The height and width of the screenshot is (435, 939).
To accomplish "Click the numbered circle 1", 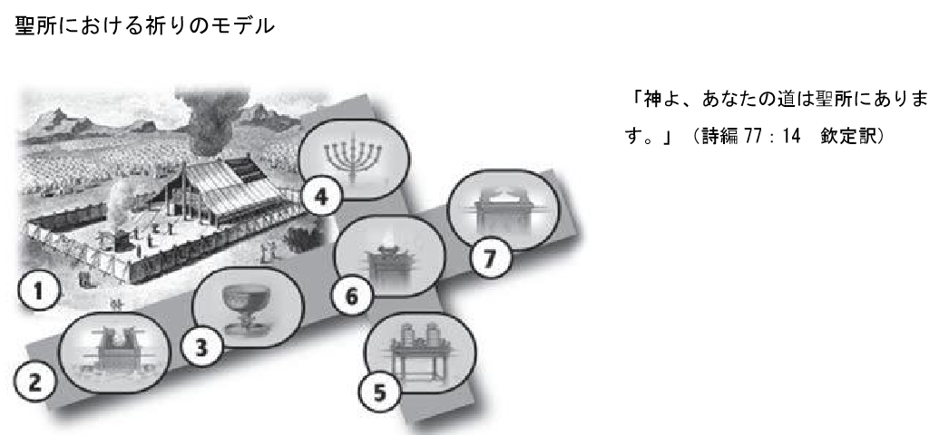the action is click(x=39, y=292).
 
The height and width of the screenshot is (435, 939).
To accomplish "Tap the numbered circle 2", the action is click(x=35, y=382).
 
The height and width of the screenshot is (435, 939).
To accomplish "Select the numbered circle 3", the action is click(x=202, y=348).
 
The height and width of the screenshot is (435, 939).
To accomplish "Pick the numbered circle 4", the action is click(x=321, y=197).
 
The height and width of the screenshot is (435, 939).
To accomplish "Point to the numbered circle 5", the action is click(x=379, y=392).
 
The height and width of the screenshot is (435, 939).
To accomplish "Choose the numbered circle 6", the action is click(x=352, y=295).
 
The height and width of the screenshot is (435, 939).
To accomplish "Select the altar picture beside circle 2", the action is click(x=115, y=353).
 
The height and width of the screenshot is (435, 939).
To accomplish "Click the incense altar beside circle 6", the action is click(x=389, y=257).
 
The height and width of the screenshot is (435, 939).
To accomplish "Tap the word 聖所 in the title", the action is click(x=34, y=25).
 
